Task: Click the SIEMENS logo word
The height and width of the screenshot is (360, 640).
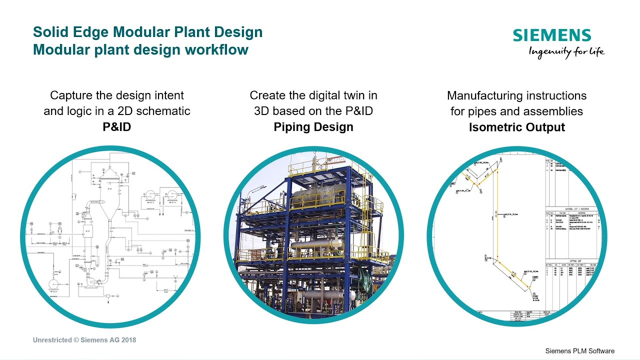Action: pos(552,35)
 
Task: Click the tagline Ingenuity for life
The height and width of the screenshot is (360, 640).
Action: pos(566,51)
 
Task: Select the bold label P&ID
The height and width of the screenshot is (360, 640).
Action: pos(116,127)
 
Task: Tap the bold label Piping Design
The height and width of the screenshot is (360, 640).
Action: pos(313,127)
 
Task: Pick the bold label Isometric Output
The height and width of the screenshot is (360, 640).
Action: pos(516,127)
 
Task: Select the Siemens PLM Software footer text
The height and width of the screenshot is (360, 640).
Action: pos(579,351)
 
